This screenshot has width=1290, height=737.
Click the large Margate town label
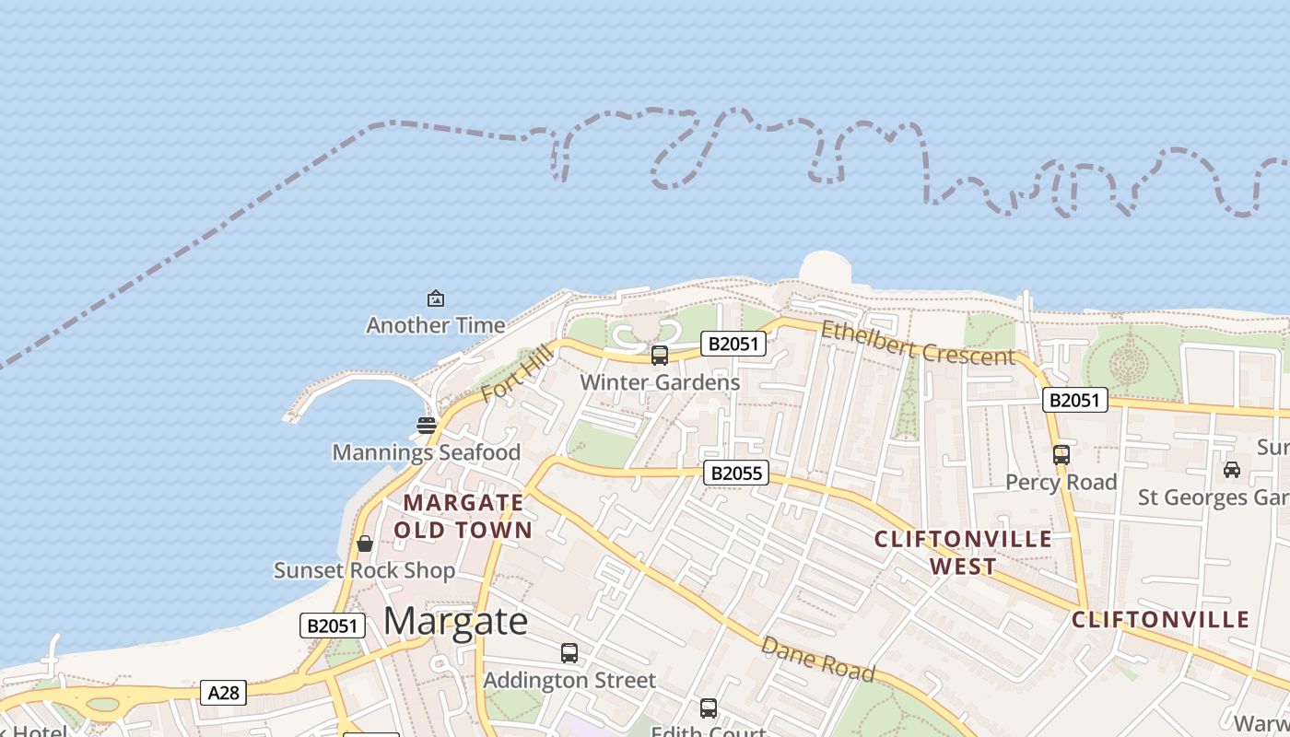455,621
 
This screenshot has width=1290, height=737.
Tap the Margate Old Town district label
463,516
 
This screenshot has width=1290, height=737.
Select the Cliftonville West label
963,552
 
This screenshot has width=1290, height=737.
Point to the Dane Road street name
817,660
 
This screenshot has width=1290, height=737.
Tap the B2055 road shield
735,474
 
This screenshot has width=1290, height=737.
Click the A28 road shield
223,692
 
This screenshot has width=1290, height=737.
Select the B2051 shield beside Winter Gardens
733,344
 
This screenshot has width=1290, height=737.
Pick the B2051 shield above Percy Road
1074,400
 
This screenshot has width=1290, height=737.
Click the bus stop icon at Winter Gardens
660,356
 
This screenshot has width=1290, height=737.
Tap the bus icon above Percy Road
1061,454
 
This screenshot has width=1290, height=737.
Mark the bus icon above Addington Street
569,653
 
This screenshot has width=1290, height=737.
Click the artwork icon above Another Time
436,298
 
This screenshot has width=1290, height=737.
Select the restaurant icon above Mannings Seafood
426,426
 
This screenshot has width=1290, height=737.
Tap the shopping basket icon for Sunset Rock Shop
365,544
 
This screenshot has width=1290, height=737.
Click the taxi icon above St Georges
1231,470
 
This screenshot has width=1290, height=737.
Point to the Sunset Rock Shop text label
365,570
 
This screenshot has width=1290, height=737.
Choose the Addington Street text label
569,680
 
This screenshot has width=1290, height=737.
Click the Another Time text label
436,325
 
